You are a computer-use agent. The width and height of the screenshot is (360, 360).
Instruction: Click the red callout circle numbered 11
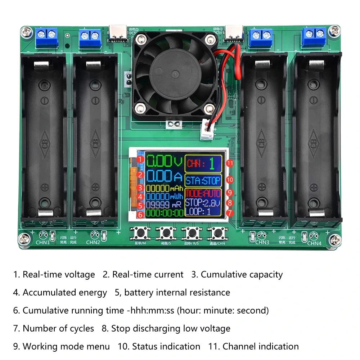[230, 163]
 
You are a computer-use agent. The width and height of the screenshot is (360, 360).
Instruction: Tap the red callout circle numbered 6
[141, 214]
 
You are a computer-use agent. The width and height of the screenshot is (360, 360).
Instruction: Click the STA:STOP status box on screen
[203, 180]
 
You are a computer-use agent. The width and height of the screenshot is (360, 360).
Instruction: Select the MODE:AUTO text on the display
[203, 194]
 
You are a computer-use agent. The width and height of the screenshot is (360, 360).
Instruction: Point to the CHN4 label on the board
[314, 243]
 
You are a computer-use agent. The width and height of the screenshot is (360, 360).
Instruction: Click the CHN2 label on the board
[93, 242]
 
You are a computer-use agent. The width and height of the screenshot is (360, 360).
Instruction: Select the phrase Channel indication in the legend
[261, 346]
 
